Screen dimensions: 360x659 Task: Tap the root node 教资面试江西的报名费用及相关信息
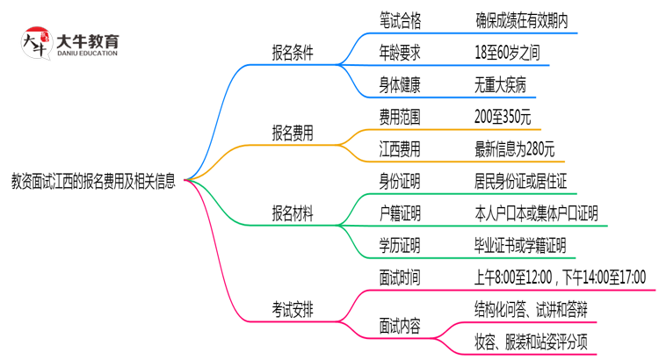pyautogui.click(x=92, y=182)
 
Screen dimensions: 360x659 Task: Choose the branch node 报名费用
pyautogui.click(x=293, y=133)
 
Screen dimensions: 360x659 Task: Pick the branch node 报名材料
pyautogui.click(x=293, y=214)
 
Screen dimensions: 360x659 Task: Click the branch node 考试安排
pyautogui.click(x=293, y=308)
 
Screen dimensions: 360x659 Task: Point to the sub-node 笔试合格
pyautogui.click(x=399, y=18)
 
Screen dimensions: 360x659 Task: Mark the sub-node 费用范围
pyautogui.click(x=399, y=116)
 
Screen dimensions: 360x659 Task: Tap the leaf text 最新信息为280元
pyautogui.click(x=513, y=148)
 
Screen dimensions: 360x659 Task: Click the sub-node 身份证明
pyautogui.click(x=399, y=182)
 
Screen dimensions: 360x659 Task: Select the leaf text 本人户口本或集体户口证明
pyautogui.click(x=535, y=214)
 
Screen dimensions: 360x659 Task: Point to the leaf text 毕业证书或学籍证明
pyautogui.click(x=519, y=247)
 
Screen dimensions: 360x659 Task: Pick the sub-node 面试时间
pyautogui.click(x=399, y=279)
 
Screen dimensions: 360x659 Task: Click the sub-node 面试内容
pyautogui.click(x=399, y=325)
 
